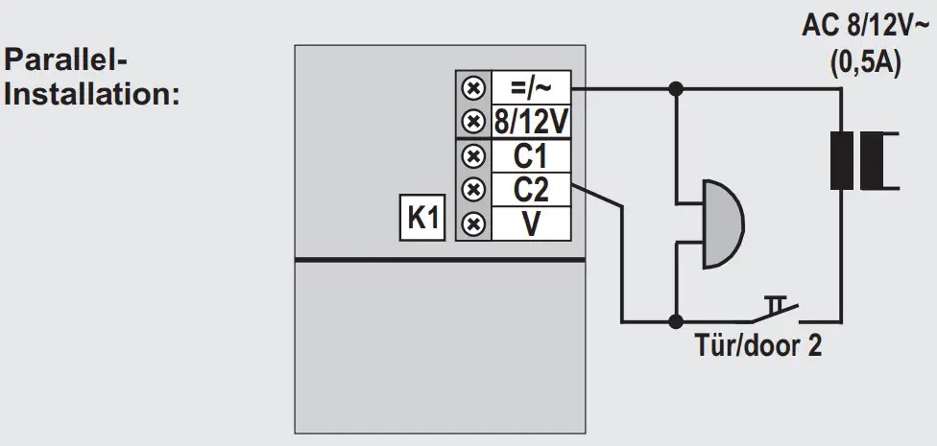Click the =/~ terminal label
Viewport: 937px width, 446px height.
[x=531, y=88]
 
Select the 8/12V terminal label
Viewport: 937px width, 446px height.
[x=531, y=123]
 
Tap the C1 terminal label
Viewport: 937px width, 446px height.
[x=531, y=156]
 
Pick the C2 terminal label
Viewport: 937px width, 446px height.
[x=531, y=189]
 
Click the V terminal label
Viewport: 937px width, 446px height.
[x=531, y=223]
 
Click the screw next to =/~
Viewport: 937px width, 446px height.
[x=472, y=88]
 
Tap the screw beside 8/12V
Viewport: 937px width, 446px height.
[x=472, y=123]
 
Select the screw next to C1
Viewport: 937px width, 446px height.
[x=472, y=156]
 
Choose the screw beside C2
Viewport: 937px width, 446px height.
[x=472, y=189]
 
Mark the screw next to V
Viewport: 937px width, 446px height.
[x=472, y=223]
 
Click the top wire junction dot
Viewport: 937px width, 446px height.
[x=677, y=89]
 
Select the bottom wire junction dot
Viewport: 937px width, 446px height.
[x=677, y=320]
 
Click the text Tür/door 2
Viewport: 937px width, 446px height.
[x=758, y=346]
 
